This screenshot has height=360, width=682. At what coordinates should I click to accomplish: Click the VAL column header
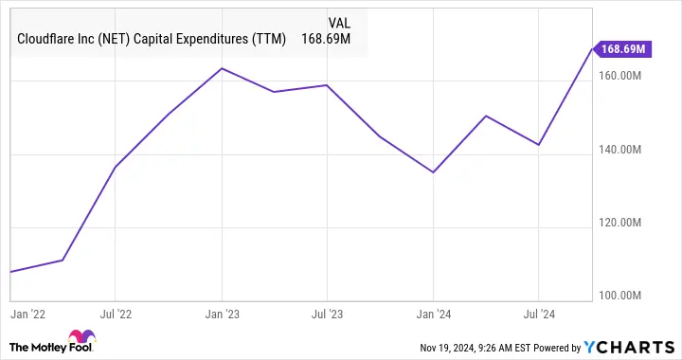tap(339, 22)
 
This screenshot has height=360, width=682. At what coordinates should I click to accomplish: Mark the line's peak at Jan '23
tap(222, 68)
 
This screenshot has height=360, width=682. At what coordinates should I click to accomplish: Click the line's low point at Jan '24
tap(433, 172)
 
